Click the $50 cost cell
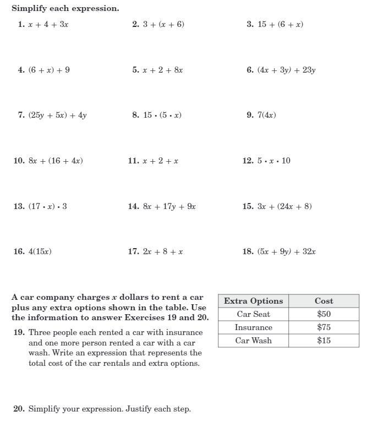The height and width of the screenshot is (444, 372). click(x=324, y=314)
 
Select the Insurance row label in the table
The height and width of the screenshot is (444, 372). click(x=253, y=327)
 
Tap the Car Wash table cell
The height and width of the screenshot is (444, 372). click(x=253, y=341)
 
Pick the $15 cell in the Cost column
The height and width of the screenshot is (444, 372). click(x=324, y=341)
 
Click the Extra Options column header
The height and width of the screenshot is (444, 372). click(x=253, y=301)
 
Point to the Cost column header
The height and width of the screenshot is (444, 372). click(x=324, y=301)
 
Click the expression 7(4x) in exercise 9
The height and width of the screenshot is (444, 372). click(x=267, y=115)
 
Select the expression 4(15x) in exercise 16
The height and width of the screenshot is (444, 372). click(x=40, y=251)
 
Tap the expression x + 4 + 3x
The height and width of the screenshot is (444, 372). click(x=48, y=24)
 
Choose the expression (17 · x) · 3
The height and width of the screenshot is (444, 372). click(x=48, y=206)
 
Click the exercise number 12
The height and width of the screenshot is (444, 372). click(x=248, y=161)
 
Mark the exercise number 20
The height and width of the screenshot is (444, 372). click(x=19, y=409)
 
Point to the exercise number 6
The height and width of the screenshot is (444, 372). click(x=250, y=70)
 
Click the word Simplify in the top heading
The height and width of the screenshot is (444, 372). click(x=29, y=9)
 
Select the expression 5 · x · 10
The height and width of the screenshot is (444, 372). click(x=274, y=161)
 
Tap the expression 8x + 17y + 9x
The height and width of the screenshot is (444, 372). click(x=169, y=206)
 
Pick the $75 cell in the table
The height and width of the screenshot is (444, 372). click(x=324, y=327)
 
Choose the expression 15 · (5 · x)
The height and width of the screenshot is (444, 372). click(x=162, y=115)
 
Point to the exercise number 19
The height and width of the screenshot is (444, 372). click(x=19, y=332)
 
